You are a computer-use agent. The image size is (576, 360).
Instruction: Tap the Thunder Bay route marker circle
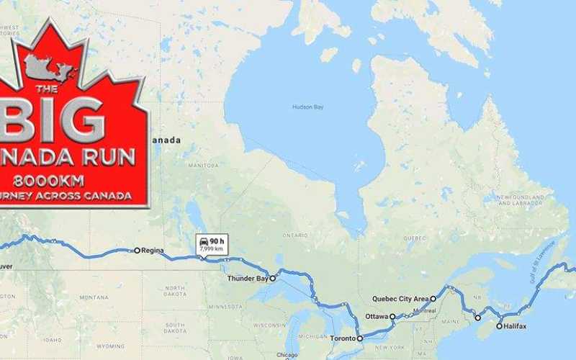(x=273, y=278)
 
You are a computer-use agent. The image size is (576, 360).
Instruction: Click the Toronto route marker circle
(x=360, y=338)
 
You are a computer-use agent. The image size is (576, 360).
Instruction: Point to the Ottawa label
(x=376, y=316)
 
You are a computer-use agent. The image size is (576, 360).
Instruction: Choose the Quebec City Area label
(x=400, y=298)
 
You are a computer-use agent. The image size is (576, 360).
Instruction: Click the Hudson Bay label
(x=307, y=107)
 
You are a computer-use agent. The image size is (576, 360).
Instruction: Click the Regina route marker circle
(x=137, y=251)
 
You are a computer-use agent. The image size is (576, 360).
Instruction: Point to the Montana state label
(x=94, y=297)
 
